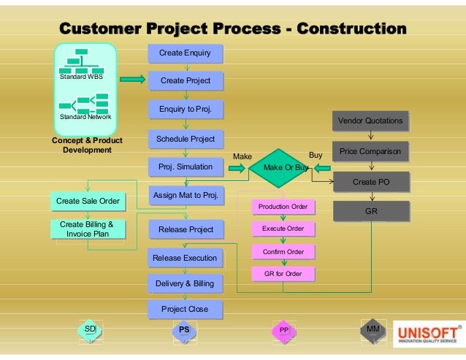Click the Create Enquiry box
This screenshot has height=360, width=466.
click(x=185, y=53)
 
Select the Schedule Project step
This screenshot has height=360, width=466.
click(x=186, y=139)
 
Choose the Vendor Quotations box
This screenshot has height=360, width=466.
click(x=370, y=120)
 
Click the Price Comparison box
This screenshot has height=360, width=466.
click(x=370, y=152)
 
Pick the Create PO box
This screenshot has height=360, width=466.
click(x=370, y=182)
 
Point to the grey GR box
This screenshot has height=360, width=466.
click(x=370, y=212)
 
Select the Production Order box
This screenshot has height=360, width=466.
click(x=283, y=207)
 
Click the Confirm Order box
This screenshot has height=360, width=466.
click(x=283, y=252)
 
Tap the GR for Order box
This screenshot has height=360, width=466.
click(x=283, y=275)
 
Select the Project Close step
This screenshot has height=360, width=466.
click(x=185, y=309)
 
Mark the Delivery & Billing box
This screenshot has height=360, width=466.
click(x=185, y=283)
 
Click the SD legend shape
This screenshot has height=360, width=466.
click(x=90, y=331)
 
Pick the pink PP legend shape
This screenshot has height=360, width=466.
click(x=283, y=331)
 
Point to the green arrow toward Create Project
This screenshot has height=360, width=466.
click(x=132, y=80)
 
